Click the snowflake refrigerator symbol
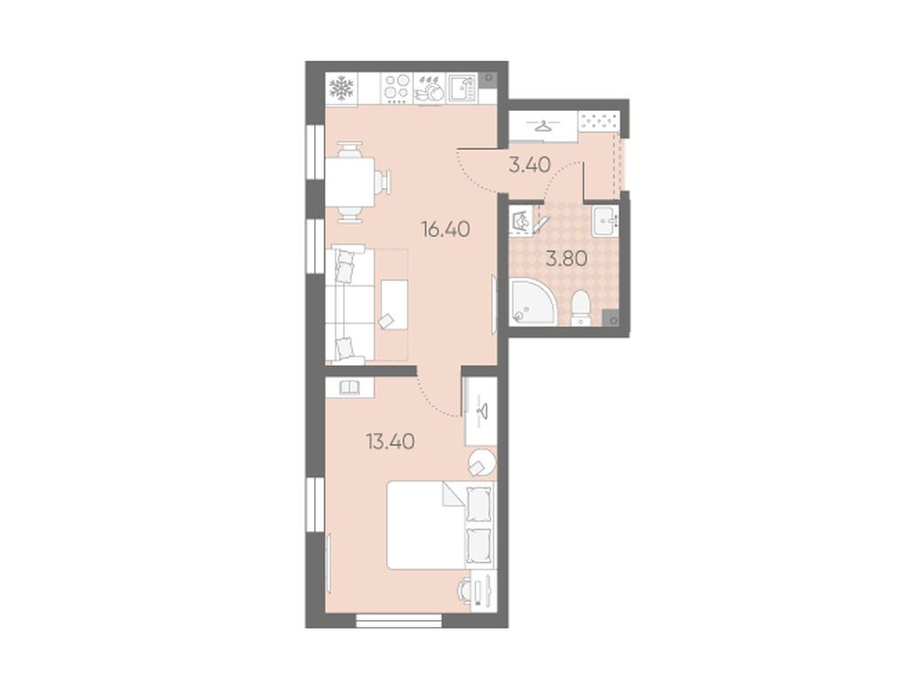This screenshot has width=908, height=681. (x=341, y=89)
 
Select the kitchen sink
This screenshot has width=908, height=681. (x=461, y=89)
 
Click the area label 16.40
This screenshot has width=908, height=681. (x=446, y=230)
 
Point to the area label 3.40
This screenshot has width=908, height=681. (x=529, y=166)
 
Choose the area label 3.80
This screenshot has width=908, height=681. (x=567, y=258)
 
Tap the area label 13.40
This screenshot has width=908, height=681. (x=390, y=442)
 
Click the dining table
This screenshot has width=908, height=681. (x=349, y=183)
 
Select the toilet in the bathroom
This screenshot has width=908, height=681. (x=580, y=308)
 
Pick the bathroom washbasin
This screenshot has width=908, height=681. (x=606, y=220)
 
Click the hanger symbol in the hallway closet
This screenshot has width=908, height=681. (x=544, y=125)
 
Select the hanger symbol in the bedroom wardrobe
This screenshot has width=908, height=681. (x=481, y=411)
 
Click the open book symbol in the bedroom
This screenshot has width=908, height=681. (x=349, y=387)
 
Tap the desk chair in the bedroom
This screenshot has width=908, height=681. (x=464, y=591)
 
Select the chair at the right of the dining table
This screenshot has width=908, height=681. (x=383, y=182)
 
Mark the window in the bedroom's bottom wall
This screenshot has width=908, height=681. (x=398, y=622)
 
